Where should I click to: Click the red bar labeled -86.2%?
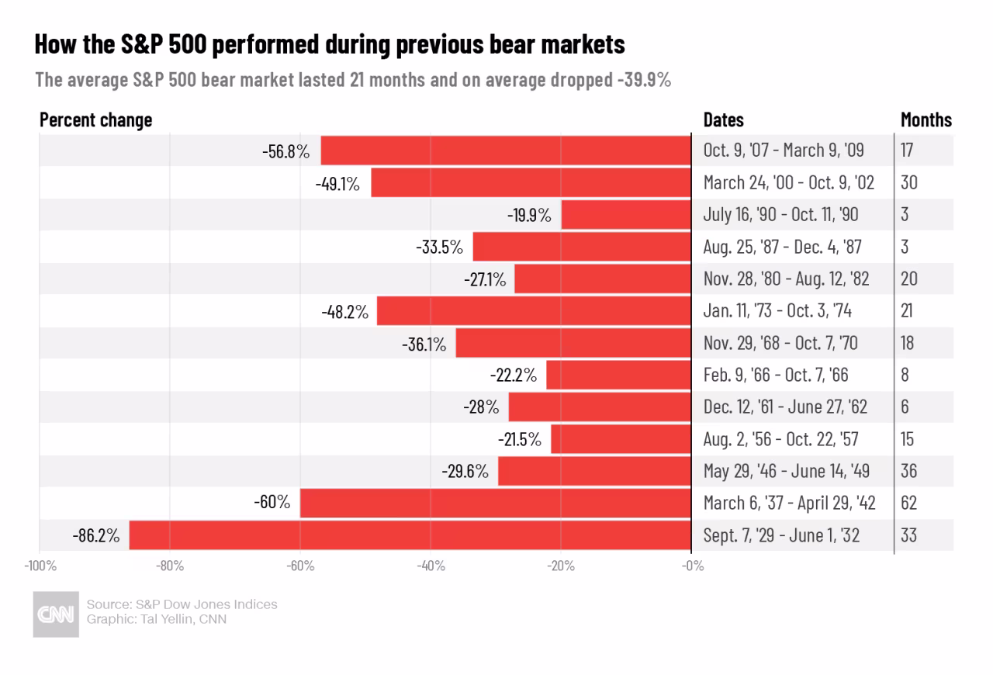pos(410,535)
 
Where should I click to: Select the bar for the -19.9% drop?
pos(626,215)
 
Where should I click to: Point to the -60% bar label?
pos(272,503)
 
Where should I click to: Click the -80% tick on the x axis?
pos(170,566)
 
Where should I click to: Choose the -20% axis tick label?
pos(560,566)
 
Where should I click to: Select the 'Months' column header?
pos(926,120)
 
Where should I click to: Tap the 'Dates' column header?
pos(723,120)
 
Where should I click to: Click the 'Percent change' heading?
pos(95,120)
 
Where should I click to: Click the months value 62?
pos(908,503)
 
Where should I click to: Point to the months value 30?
pos(908,183)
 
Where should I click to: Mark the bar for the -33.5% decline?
pos(582,247)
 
